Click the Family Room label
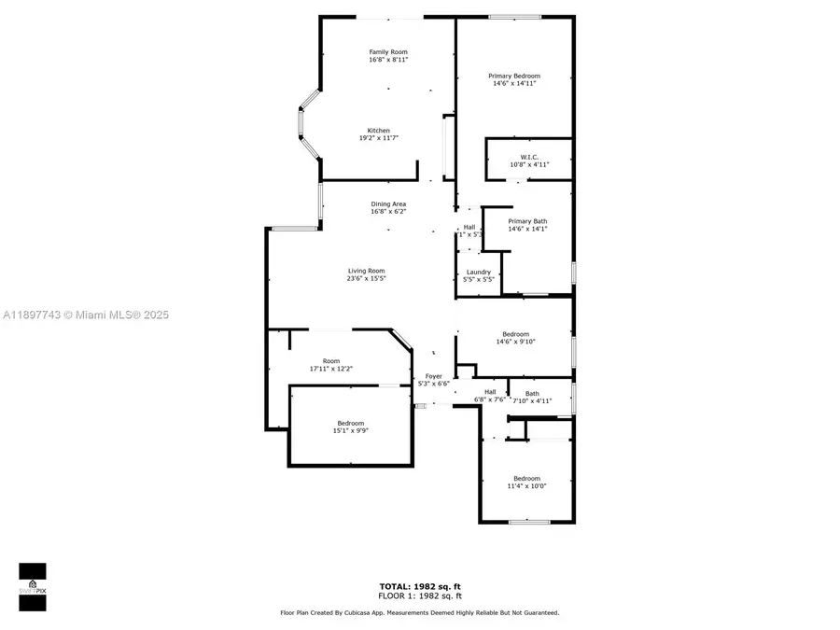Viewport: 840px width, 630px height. point(388,52)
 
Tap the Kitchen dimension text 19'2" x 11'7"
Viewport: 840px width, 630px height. point(378,138)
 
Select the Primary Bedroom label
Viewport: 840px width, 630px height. point(514,77)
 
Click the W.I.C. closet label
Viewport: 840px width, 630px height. point(528,157)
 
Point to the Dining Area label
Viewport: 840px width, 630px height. point(388,203)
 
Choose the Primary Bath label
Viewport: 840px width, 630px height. point(527,221)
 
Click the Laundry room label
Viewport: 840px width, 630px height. point(478,273)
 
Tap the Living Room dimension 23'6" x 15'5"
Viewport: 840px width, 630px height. point(366,278)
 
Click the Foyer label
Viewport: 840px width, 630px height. point(435,376)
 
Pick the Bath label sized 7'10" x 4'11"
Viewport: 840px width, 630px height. point(532,394)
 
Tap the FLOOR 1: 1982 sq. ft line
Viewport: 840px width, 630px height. point(420,595)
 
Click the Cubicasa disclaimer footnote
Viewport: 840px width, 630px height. point(420,613)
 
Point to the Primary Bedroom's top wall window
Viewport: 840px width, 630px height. point(515,16)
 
